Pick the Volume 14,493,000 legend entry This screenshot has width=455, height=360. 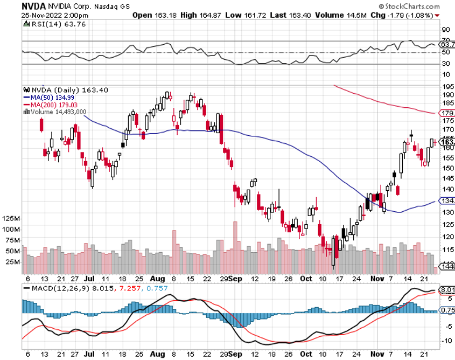tap(57, 112)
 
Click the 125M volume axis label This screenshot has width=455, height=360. tap(11, 218)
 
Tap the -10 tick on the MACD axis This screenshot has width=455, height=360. tap(446, 340)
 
